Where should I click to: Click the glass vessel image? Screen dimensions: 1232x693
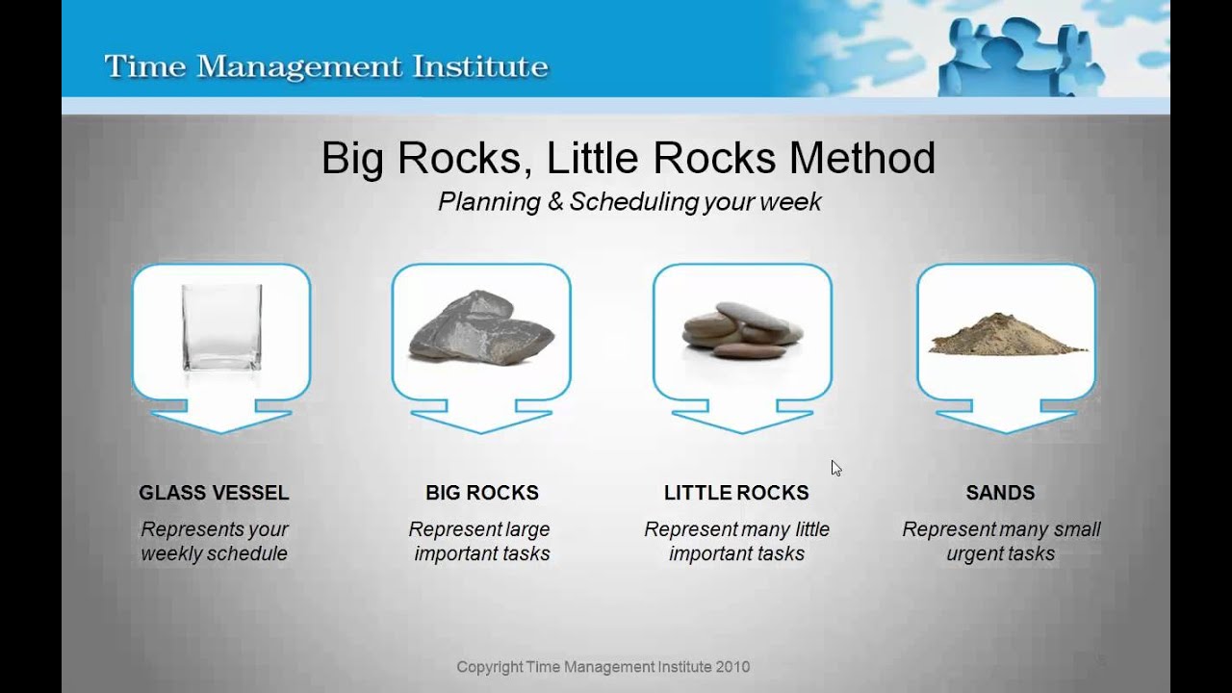tap(221, 328)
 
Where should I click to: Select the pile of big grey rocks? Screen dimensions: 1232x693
tap(482, 328)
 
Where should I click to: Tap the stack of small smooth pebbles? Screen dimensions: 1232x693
tap(742, 330)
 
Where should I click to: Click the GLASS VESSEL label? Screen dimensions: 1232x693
tap(214, 492)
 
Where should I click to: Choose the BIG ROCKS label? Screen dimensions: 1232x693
tap(482, 492)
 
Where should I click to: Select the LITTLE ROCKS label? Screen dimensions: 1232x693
tap(736, 492)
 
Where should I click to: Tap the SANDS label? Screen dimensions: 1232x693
tap(1000, 492)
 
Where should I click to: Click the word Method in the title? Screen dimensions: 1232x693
tap(862, 159)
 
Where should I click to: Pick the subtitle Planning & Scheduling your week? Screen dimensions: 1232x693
tap(629, 202)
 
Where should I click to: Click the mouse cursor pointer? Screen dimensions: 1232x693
tap(836, 469)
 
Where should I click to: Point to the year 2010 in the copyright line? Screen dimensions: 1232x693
tap(732, 667)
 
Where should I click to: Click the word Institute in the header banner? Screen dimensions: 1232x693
tap(480, 66)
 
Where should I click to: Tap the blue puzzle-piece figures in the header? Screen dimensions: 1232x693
tap(1020, 56)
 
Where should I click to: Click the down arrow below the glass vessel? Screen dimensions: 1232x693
tap(221, 418)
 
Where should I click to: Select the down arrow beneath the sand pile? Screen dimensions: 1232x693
tap(1006, 418)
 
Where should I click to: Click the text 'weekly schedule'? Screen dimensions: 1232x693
tap(214, 553)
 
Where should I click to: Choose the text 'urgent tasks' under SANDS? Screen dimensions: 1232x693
tap(1000, 553)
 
